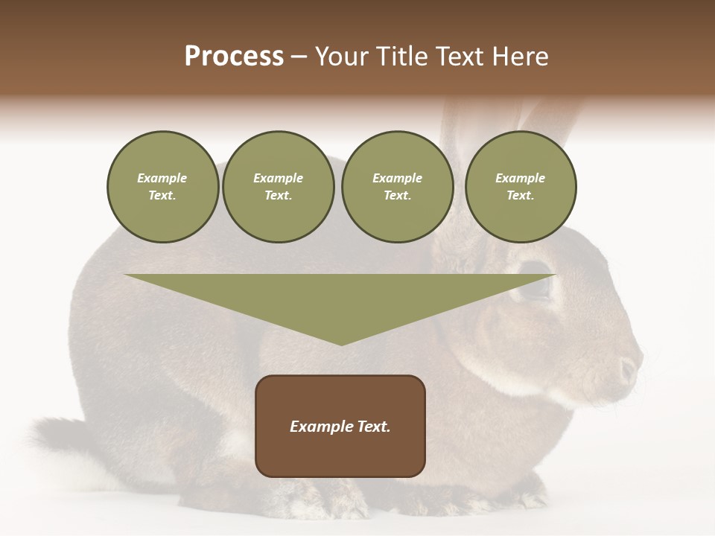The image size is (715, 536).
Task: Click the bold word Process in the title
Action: click(234, 57)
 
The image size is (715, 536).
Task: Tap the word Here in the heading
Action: click(521, 57)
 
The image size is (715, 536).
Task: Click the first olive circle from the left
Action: click(162, 187)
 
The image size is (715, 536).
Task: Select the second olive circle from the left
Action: click(278, 187)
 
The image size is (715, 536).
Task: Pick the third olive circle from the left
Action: click(397, 187)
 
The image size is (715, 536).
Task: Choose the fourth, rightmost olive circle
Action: click(520, 187)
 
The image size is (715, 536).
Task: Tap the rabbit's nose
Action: click(629, 368)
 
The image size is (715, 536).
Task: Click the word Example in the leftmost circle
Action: click(162, 178)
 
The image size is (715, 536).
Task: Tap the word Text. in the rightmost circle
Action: click(520, 196)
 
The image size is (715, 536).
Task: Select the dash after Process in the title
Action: click(299, 57)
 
